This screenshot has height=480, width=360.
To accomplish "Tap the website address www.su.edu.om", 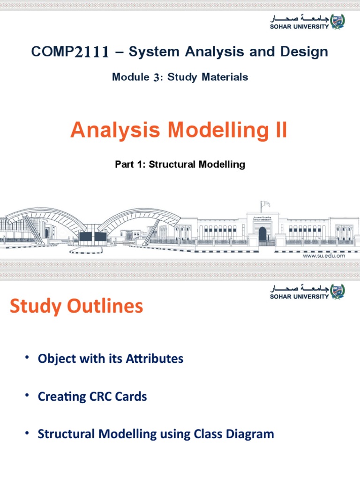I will click(x=324, y=256).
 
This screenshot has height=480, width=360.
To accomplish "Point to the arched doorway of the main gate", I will click(x=262, y=234).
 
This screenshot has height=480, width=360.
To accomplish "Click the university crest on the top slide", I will click(x=337, y=21).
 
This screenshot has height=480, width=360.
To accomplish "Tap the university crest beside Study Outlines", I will click(x=337, y=292).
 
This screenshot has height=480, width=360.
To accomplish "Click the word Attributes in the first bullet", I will click(x=154, y=359).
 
